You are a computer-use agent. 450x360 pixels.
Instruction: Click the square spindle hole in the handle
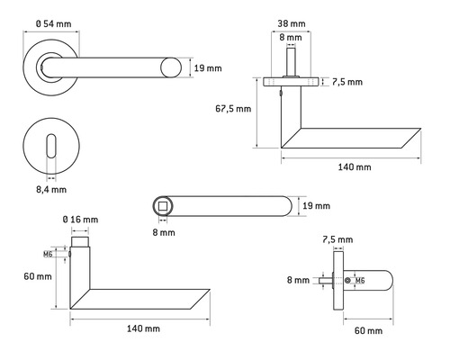coord(163,207)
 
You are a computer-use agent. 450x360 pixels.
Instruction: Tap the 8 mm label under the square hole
coord(163,233)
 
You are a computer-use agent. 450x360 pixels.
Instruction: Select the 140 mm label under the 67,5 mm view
coord(352,167)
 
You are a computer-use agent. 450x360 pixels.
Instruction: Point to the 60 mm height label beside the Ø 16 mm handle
coord(37,276)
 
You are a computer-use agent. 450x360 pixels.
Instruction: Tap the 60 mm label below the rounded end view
coord(366,332)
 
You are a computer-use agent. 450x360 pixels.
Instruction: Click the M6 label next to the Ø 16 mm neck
coord(61,255)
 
